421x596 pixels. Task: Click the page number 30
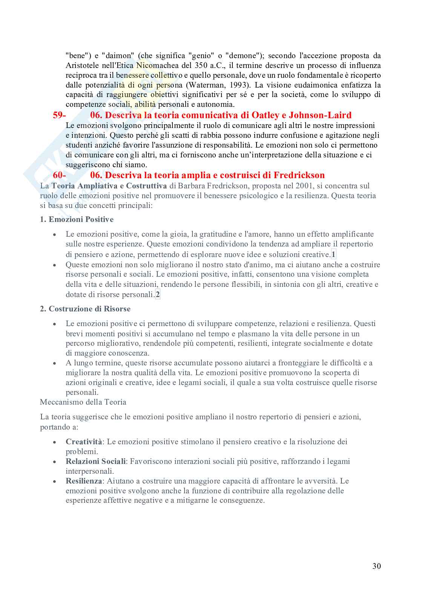(376, 566)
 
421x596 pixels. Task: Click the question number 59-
(60, 115)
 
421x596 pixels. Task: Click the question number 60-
(60, 175)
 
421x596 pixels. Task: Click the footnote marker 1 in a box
(333, 254)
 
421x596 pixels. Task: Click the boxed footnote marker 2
(158, 294)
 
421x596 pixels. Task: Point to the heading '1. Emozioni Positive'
(77, 219)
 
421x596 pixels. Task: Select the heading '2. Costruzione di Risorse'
(85, 309)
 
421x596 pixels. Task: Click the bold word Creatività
(84, 442)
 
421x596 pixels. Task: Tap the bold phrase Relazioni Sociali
(95, 461)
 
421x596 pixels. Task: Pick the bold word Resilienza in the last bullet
(84, 481)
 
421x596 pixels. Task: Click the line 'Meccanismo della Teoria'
(83, 402)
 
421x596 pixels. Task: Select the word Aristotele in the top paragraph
(84, 65)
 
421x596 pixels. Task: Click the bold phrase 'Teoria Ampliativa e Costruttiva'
(109, 186)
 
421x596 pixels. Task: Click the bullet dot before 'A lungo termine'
(55, 363)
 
